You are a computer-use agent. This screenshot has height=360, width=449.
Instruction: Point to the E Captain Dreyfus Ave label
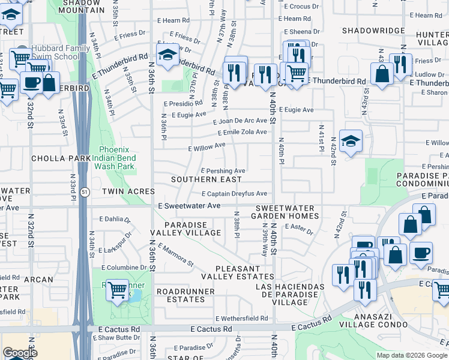click(x=234, y=194)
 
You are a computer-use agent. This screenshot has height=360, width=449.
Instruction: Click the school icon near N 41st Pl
click(x=351, y=142)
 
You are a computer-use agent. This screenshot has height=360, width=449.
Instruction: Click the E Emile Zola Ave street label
click(x=243, y=133)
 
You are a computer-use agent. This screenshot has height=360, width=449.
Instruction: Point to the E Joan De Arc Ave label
click(x=240, y=121)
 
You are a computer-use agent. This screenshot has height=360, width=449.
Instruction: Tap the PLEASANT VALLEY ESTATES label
click(x=237, y=273)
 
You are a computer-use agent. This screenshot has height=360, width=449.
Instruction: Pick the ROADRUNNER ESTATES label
click(x=181, y=295)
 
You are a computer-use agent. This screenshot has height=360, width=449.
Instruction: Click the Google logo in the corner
click(x=19, y=353)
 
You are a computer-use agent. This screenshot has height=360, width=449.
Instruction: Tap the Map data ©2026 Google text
click(x=411, y=355)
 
